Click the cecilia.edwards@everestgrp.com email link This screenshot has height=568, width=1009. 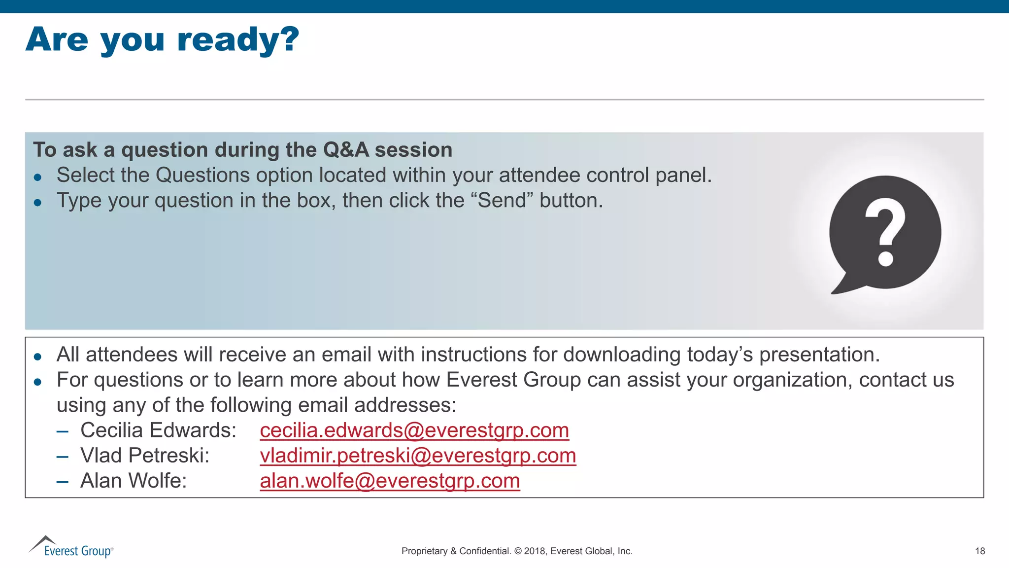pyautogui.click(x=414, y=430)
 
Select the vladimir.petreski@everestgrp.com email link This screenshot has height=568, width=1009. pyautogui.click(x=418, y=456)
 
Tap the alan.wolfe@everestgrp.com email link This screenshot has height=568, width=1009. pyautogui.click(x=390, y=481)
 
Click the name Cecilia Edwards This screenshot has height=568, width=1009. pyautogui.click(x=158, y=430)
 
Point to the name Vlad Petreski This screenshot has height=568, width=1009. pyautogui.click(x=145, y=456)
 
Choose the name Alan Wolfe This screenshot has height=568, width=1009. pyautogui.click(x=134, y=481)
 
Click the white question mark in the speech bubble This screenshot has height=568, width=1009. pyautogui.click(x=885, y=232)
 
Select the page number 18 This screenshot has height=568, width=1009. pyautogui.click(x=980, y=551)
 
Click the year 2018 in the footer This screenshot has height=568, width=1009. pyautogui.click(x=534, y=551)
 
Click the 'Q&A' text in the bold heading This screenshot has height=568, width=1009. pyautogui.click(x=346, y=150)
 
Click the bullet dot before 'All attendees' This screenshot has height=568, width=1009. pyautogui.click(x=38, y=356)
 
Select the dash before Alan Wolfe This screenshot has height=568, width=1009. pyautogui.click(x=62, y=481)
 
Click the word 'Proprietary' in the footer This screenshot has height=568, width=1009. pyautogui.click(x=424, y=551)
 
